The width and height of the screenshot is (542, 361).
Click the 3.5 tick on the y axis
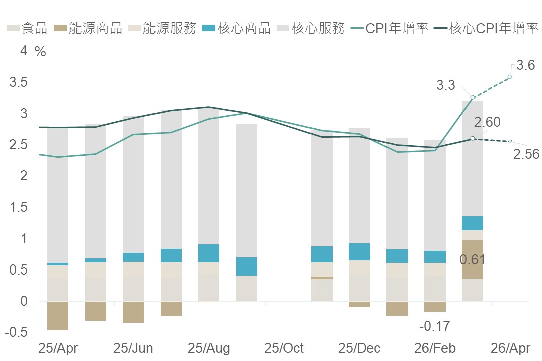coord(18,82)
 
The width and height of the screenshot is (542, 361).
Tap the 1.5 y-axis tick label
coord(18,208)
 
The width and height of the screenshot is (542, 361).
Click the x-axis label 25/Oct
coord(284,348)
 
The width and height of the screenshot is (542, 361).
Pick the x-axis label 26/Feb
coord(434,348)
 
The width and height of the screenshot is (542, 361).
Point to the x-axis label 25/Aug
coord(209,348)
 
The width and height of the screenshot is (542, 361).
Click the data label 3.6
coord(525,65)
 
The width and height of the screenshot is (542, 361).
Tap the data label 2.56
coord(526,154)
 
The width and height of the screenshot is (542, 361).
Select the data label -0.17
coord(434,326)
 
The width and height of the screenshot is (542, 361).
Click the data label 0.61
coord(472,260)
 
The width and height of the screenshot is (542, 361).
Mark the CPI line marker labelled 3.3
coord(473,97)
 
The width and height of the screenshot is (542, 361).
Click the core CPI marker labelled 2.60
coord(472,138)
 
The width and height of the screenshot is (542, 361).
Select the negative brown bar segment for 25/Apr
coord(58,316)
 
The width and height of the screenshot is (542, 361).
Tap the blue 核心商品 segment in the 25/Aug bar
coord(209,253)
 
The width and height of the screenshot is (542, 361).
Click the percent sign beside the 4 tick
coord(40,52)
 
